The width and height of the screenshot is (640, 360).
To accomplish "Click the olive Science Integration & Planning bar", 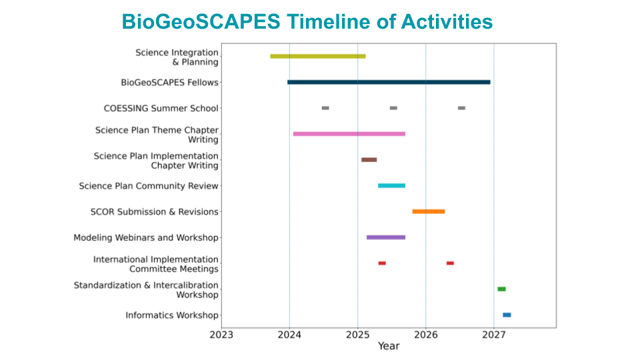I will click(x=318, y=56).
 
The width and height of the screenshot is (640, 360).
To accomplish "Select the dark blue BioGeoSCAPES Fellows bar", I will click(x=389, y=82).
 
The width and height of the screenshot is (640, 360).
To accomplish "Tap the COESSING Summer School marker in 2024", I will click(x=325, y=108).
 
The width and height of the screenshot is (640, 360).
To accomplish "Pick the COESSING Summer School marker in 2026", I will click(x=461, y=108).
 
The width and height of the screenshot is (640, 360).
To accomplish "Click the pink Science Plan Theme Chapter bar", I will click(x=349, y=134).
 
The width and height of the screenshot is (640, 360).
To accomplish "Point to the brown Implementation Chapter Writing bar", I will click(x=369, y=160).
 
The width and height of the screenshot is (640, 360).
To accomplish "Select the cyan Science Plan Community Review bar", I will click(x=391, y=185).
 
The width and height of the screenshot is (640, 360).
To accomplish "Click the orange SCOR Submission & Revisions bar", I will click(x=429, y=211).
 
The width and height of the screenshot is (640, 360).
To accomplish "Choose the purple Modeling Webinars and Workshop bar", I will click(x=386, y=237).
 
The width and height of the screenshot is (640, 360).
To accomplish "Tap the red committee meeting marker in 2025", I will click(x=382, y=263).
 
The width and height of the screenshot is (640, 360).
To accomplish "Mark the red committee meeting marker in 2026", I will click(x=450, y=263).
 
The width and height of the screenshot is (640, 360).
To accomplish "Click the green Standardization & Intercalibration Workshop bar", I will click(x=501, y=289).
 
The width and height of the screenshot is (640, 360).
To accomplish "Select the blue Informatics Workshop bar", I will click(x=507, y=315).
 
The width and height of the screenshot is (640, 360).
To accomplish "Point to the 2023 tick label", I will click(x=221, y=335).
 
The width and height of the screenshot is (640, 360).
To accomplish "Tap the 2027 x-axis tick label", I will click(x=494, y=335).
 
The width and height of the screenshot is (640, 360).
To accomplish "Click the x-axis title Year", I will click(x=389, y=346).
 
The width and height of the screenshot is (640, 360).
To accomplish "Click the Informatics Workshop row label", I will click(x=172, y=315).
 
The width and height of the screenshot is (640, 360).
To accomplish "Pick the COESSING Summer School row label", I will click(x=161, y=109).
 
